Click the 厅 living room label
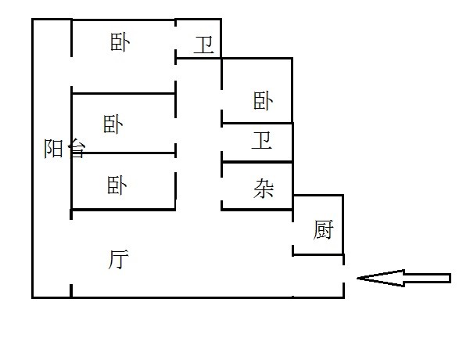click(119, 259)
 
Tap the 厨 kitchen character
click(323, 230)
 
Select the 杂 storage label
click(264, 188)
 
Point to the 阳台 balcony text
click(64, 149)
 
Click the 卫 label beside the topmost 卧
click(204, 45)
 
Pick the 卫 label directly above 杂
click(263, 142)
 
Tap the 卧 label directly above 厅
click(117, 185)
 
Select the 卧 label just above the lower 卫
click(263, 100)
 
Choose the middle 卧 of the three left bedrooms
click(114, 124)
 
